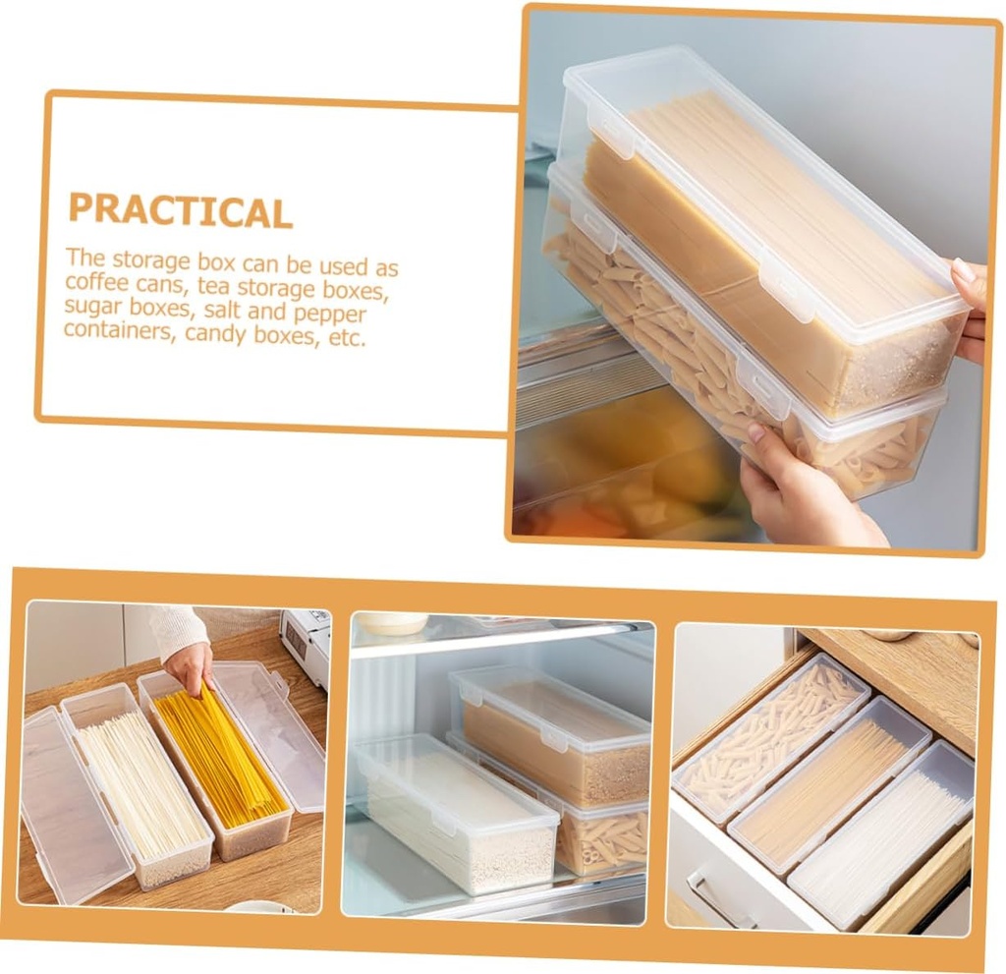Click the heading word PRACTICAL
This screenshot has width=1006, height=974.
[x=180, y=210]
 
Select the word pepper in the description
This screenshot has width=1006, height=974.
[x=331, y=315]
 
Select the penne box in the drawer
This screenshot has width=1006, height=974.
[x=772, y=737]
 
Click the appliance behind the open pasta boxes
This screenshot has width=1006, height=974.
[x=306, y=644]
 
